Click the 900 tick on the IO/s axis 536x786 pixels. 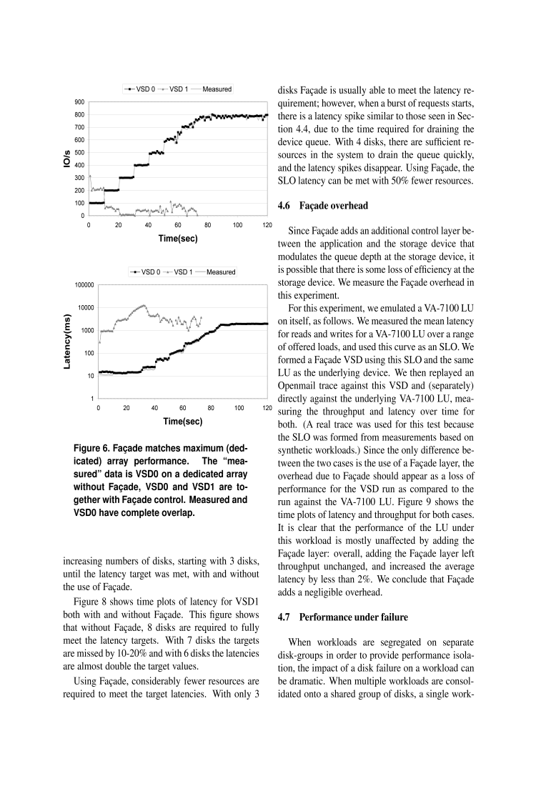pyautogui.click(x=80, y=102)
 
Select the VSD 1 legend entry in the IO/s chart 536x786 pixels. pyautogui.click(x=177, y=89)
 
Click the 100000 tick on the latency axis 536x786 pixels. pyautogui.click(x=84, y=285)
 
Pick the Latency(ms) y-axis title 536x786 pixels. pyautogui.click(x=67, y=341)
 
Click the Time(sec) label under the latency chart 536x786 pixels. pyautogui.click(x=183, y=422)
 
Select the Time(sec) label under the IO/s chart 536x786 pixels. pyautogui.click(x=178, y=239)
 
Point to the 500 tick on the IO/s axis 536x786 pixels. pyautogui.click(x=80, y=153)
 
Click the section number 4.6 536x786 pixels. pyautogui.click(x=285, y=206)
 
